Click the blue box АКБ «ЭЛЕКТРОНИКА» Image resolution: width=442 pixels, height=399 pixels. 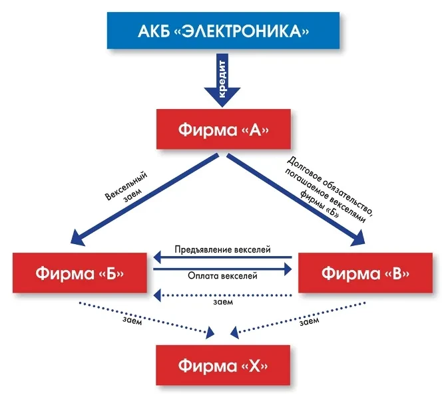[220, 31]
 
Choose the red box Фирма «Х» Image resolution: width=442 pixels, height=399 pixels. [223, 365]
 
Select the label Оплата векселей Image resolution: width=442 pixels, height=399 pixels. [223, 275]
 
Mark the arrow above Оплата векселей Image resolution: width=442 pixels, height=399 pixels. [223, 267]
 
